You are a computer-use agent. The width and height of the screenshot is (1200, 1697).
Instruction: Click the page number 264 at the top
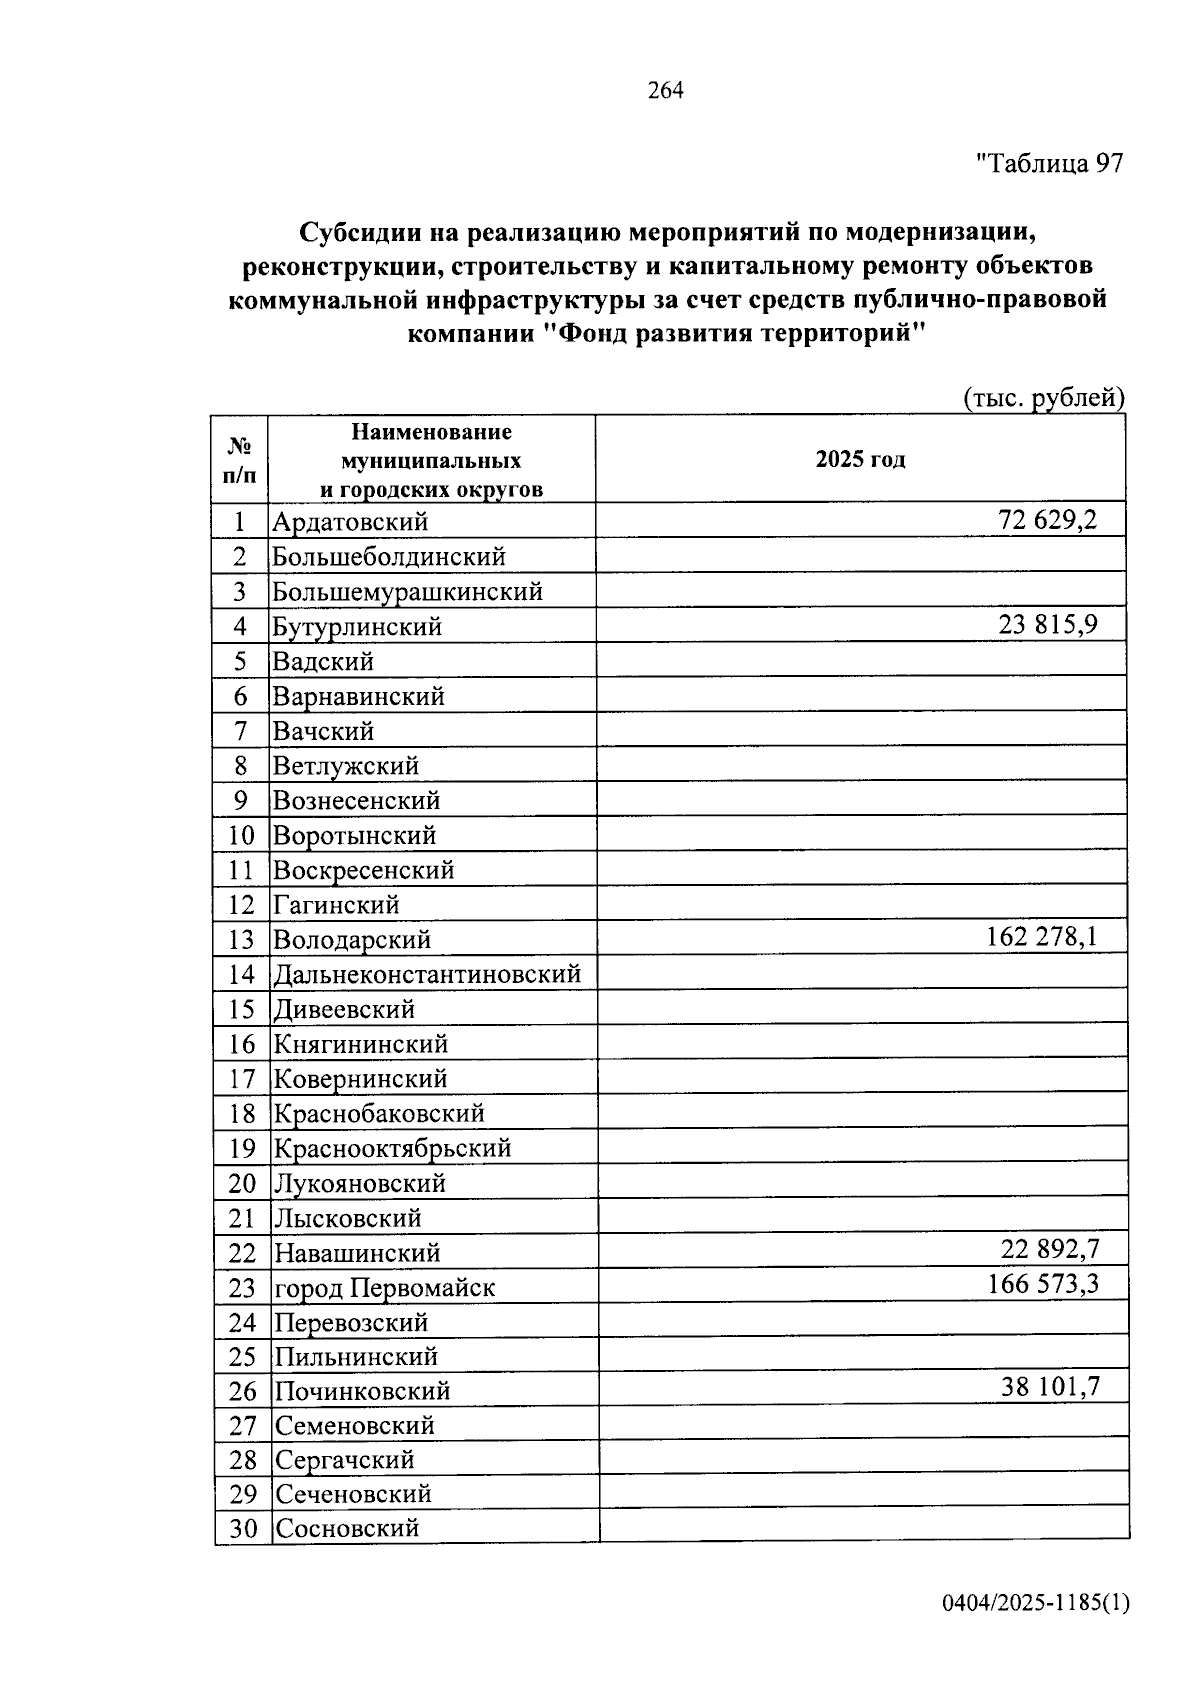(x=665, y=91)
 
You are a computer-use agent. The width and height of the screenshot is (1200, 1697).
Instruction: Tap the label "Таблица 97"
(x=1050, y=163)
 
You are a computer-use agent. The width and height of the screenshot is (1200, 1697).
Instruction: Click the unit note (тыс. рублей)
(x=1044, y=398)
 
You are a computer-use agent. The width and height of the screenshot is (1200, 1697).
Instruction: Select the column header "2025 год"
(x=860, y=460)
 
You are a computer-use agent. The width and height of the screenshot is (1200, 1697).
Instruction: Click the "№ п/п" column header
(x=240, y=460)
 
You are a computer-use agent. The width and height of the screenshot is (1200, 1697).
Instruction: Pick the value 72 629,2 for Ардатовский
(x=1047, y=520)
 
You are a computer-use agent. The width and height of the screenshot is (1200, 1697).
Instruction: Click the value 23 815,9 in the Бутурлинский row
(x=1047, y=625)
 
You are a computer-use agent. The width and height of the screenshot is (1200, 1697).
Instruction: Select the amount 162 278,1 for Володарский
(x=1041, y=938)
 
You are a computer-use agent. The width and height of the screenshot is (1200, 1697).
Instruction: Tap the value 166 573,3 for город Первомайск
(x=1043, y=1284)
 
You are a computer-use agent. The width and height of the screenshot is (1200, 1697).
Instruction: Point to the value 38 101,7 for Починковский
(x=1050, y=1388)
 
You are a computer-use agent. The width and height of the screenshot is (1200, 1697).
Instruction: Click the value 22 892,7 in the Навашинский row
(x=1050, y=1249)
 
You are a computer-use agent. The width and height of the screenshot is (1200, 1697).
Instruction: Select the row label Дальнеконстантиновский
(x=427, y=974)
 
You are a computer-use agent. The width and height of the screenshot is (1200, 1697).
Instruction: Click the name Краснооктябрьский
(x=393, y=1148)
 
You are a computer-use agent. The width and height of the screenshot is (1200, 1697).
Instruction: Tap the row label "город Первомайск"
(x=385, y=1288)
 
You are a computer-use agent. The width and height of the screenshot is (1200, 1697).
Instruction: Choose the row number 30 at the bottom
(x=243, y=1528)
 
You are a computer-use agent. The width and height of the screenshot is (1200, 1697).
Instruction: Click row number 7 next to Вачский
(x=240, y=731)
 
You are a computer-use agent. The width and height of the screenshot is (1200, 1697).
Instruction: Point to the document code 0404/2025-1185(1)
(x=1036, y=1604)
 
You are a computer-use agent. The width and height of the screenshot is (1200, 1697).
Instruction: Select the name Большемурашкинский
(x=408, y=591)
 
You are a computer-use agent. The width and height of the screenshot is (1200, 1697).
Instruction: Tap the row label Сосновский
(x=347, y=1528)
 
